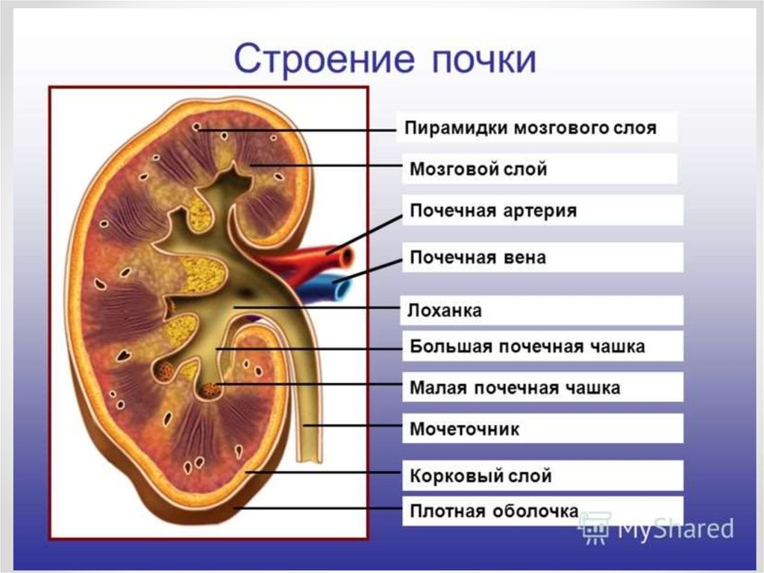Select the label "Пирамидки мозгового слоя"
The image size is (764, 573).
(x=530, y=128)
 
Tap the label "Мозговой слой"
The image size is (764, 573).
(x=478, y=170)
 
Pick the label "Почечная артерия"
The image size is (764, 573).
(x=493, y=211)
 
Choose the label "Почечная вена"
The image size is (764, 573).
(x=477, y=258)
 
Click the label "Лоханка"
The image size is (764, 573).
(x=445, y=311)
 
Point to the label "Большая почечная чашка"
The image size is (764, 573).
(x=527, y=347)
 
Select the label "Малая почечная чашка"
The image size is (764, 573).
(x=515, y=388)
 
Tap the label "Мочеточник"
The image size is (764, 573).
(x=464, y=430)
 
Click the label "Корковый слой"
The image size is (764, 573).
(x=480, y=475)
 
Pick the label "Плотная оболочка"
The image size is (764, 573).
(x=493, y=512)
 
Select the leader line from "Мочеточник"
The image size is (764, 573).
(x=354, y=427)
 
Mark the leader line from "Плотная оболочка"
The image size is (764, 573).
(x=321, y=509)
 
